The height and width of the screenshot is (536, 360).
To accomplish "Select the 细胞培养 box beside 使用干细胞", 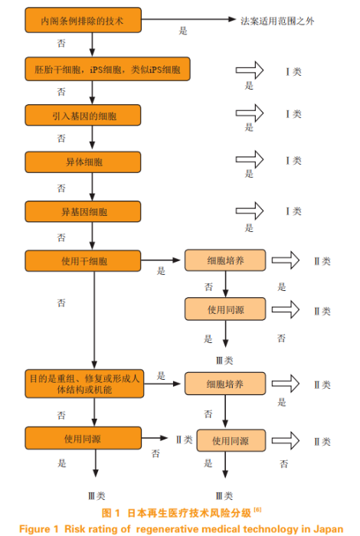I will pos(225,260).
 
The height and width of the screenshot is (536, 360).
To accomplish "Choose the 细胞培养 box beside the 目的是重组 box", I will pos(225,384).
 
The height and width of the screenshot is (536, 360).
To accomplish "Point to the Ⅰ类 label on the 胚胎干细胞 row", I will pos(293,71).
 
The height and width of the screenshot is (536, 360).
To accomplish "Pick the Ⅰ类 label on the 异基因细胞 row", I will pos(293,211).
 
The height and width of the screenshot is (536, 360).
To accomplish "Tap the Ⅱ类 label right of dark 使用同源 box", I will pos(184,440).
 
